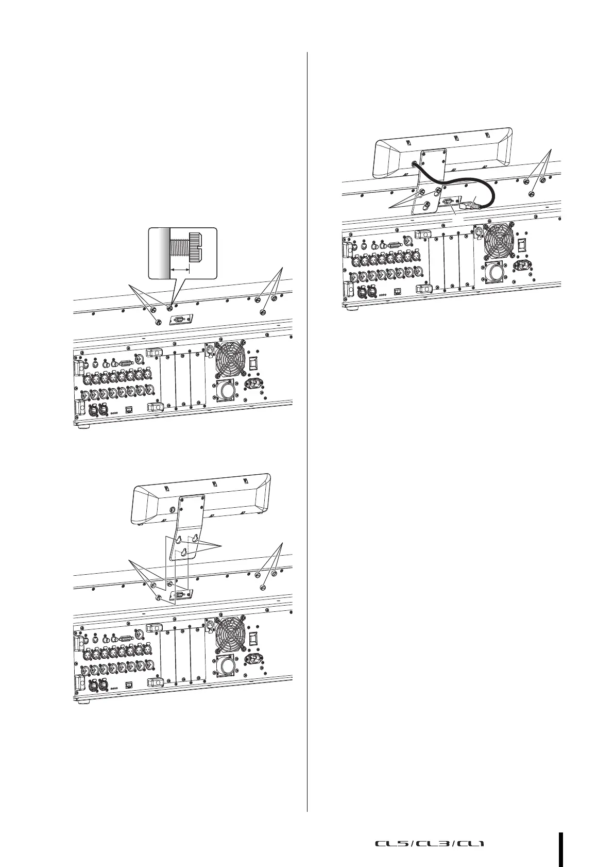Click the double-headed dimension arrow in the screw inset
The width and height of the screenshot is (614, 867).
[180, 269]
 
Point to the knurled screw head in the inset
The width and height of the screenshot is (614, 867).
[195, 248]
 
